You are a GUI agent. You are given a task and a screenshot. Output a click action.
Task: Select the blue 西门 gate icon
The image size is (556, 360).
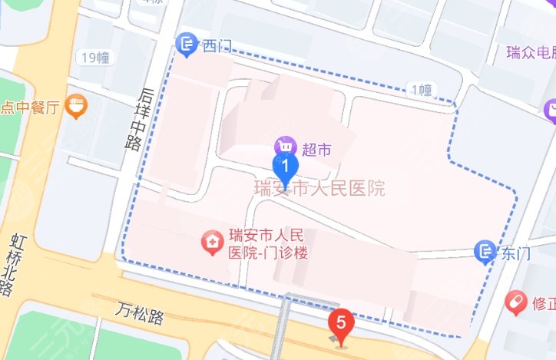[x=187, y=45]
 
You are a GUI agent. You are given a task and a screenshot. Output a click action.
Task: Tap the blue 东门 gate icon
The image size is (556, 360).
[x=485, y=250]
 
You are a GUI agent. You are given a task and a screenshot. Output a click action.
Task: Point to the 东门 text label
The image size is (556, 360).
[x=513, y=251]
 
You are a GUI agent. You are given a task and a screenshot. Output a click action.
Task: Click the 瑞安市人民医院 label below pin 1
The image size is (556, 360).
[x=319, y=188]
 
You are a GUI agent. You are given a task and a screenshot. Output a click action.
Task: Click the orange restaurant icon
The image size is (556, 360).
[x=75, y=107]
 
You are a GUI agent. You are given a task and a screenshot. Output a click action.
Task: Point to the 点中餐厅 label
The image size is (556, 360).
[x=31, y=107]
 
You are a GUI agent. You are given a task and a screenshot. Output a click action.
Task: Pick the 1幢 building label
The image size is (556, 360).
[x=422, y=91]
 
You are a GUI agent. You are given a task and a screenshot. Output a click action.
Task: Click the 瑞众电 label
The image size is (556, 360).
[x=531, y=53]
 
